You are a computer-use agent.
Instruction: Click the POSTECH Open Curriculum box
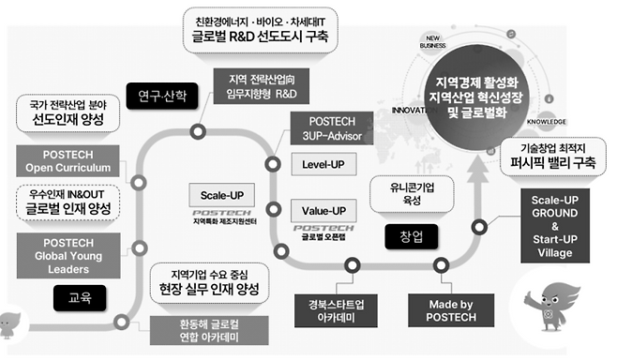[63, 161]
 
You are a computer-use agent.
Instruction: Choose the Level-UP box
[323, 164]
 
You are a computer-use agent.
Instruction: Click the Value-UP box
[323, 210]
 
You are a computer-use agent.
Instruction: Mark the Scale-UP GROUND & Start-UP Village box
[561, 225]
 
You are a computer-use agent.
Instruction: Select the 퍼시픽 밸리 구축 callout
[559, 155]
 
